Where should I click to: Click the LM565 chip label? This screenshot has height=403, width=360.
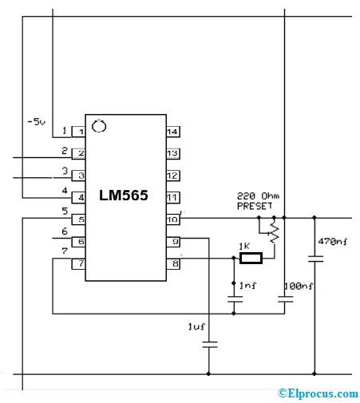[x=123, y=196]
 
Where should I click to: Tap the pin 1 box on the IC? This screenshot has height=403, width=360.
[x=78, y=132]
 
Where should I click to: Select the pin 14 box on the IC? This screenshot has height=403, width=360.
[x=172, y=132]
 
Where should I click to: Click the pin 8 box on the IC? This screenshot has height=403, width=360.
[x=172, y=263]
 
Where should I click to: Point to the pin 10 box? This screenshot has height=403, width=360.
[x=172, y=219]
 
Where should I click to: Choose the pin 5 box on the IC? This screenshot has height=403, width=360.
[x=78, y=219]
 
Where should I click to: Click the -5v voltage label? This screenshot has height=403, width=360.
[x=37, y=121]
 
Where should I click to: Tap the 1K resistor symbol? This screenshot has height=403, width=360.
[x=250, y=258]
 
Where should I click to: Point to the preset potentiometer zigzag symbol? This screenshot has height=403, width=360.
[x=275, y=232]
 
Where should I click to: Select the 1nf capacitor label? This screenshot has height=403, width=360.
[x=249, y=284]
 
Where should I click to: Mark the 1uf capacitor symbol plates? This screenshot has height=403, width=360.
[x=209, y=344]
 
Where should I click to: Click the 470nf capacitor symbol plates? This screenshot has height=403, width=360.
[x=315, y=258]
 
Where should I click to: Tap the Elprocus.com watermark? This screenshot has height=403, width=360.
[x=317, y=393]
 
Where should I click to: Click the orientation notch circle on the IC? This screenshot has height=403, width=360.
[x=99, y=124]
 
